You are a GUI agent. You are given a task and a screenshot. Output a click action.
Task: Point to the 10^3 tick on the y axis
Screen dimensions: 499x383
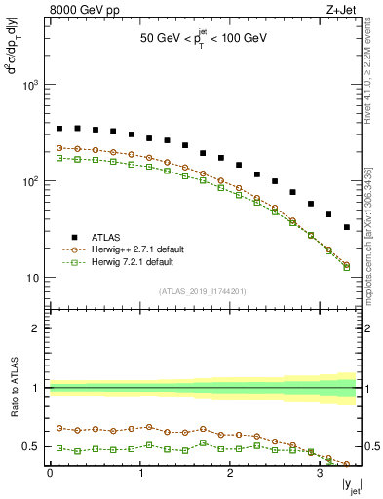[x=33, y=86]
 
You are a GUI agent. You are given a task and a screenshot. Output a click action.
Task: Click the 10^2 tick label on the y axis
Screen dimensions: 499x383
[x=33, y=182]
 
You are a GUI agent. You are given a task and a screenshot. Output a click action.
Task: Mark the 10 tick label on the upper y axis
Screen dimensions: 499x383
[x=36, y=278]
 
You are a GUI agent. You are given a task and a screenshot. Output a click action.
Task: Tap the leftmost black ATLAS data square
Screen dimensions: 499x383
[x=59, y=128]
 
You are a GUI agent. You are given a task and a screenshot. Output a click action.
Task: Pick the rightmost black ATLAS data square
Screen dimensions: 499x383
[x=347, y=227]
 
